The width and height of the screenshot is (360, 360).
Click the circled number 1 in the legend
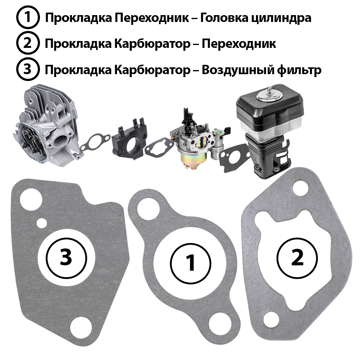pyautogui.click(x=28, y=17)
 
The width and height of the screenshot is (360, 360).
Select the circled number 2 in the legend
pyautogui.click(x=28, y=43)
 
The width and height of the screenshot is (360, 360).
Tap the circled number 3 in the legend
pyautogui.click(x=28, y=69)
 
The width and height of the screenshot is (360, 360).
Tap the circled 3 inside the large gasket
pyautogui.click(x=66, y=258)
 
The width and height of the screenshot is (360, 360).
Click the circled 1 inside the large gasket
pyautogui.click(x=190, y=263)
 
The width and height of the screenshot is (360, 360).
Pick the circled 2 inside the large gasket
pyautogui.click(x=297, y=258)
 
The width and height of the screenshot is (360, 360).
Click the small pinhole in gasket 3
pyautogui.click(x=41, y=222)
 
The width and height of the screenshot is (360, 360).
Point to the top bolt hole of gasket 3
pyautogui.click(x=31, y=199)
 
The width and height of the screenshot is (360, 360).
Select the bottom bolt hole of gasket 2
pyautogui.click(x=272, y=320)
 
